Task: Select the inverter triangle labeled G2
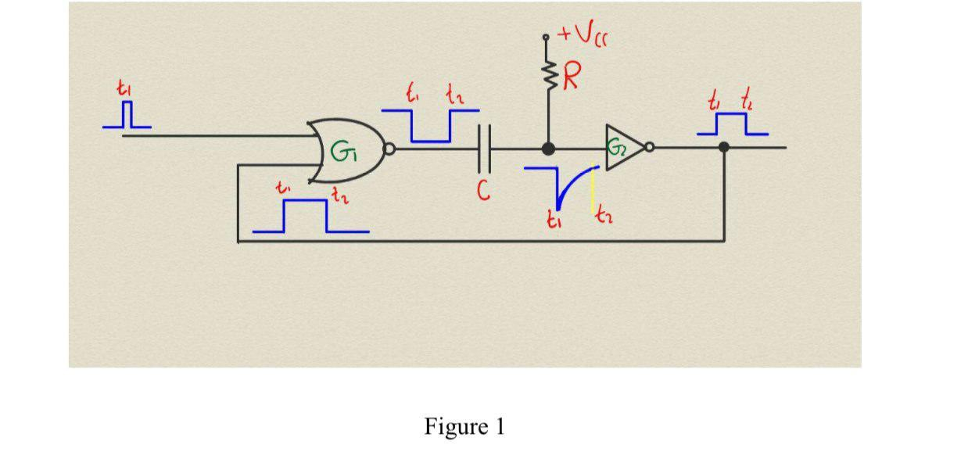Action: (x=622, y=147)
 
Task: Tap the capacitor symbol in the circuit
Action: (x=484, y=149)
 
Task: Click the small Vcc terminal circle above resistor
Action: (x=546, y=37)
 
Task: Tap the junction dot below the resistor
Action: (x=548, y=148)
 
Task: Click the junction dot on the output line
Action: (x=724, y=146)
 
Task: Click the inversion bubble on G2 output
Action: (x=649, y=146)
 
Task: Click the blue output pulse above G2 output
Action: (x=732, y=124)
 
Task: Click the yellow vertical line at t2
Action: (x=592, y=192)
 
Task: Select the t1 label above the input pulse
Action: (x=124, y=90)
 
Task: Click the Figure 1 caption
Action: (x=464, y=426)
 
